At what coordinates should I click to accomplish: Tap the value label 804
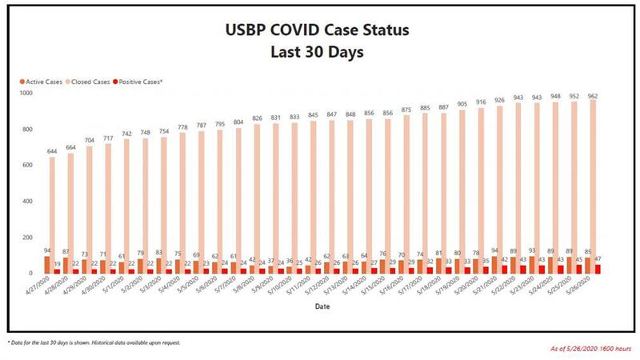click(x=238, y=122)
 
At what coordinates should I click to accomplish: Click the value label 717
click(x=108, y=138)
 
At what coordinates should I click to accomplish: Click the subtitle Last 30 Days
click(x=319, y=53)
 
